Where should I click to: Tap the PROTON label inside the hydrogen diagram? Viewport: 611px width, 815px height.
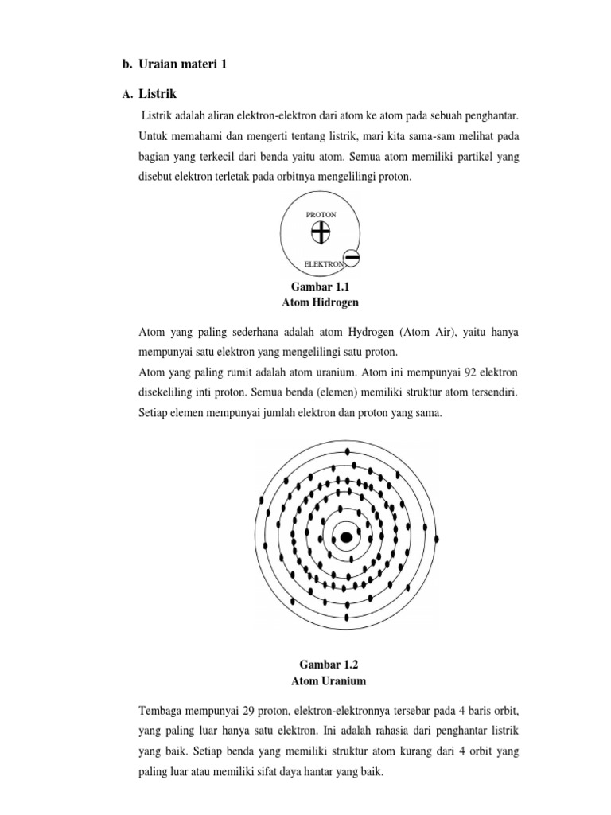321,215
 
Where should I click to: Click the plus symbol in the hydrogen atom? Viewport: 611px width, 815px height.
321,232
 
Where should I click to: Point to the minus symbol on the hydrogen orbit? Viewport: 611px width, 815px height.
352,258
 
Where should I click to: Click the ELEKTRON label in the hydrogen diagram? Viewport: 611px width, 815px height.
324,263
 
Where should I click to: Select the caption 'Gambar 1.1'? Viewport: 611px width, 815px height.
321,287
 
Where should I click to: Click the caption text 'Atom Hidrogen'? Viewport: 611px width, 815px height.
321,302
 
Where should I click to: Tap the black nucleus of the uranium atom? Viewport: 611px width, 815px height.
346,538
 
